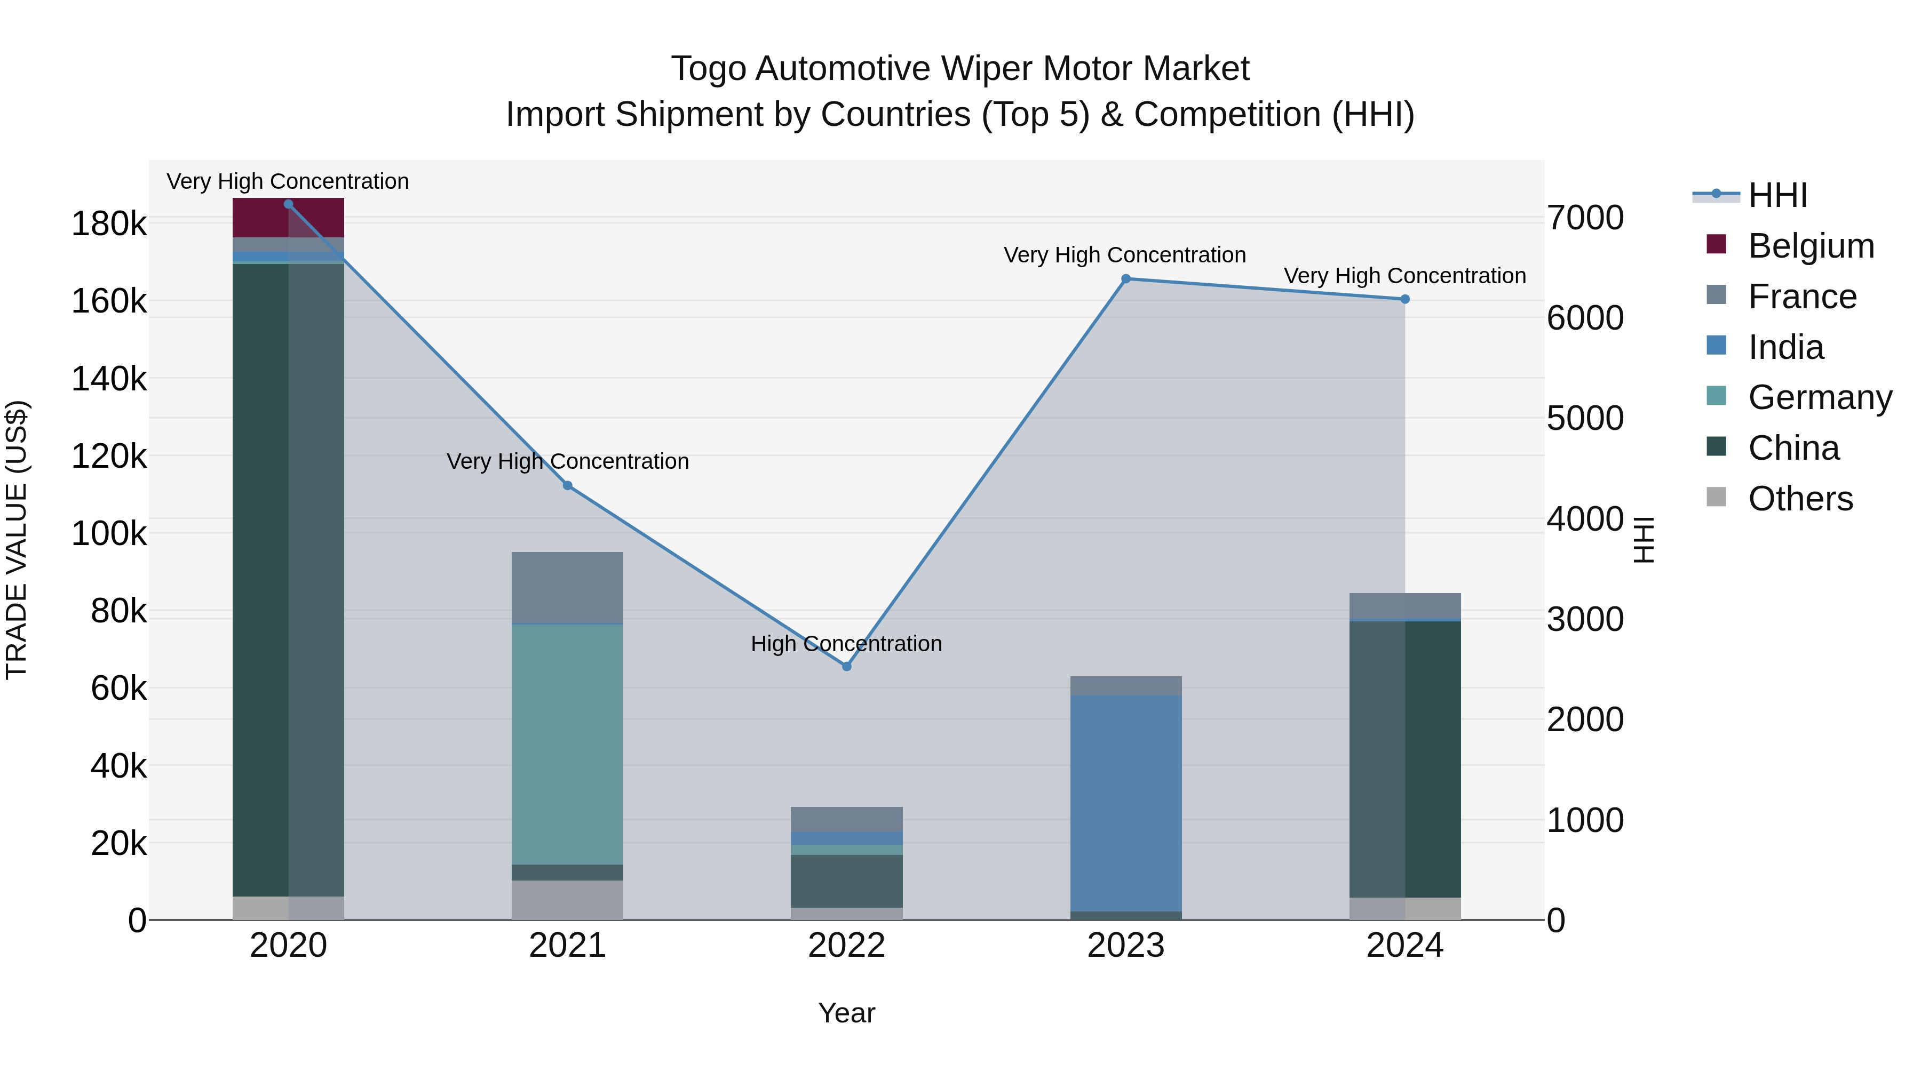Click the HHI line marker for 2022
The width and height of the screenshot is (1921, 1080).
coord(846,666)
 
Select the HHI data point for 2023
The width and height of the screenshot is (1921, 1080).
coord(1126,279)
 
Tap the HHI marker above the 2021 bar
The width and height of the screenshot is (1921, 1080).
coord(568,486)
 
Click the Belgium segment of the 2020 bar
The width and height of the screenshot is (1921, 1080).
coord(261,218)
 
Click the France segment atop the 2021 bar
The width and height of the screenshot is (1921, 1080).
coord(568,587)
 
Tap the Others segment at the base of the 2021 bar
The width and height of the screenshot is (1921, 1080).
coord(568,900)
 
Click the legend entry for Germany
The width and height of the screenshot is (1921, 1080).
coord(1820,398)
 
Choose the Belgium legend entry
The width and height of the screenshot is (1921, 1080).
coord(1811,246)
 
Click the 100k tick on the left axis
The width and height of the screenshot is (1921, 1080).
coord(109,534)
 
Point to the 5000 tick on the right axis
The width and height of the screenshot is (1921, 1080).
coord(1585,418)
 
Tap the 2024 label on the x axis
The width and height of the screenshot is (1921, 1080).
coord(1404,946)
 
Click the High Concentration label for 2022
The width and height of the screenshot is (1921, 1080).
coord(846,643)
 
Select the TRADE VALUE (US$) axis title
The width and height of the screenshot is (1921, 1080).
coord(17,540)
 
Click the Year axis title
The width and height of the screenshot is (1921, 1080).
coord(846,1013)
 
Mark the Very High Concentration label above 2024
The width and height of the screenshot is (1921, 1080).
coord(1404,276)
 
